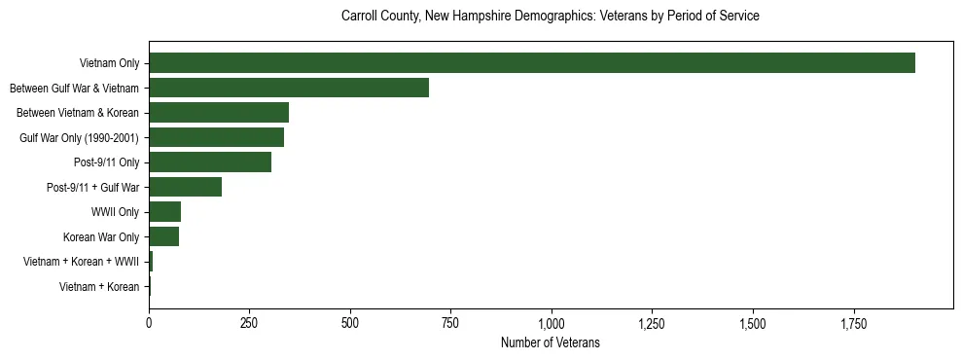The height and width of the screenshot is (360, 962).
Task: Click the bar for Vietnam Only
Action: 532,63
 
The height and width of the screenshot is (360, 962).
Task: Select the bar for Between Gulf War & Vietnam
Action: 289,88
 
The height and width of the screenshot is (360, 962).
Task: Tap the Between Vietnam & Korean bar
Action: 219,113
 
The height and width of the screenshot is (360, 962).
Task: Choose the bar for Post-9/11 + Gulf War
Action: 185,187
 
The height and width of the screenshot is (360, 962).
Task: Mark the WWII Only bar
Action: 164,212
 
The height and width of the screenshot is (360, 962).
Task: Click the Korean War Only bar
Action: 163,236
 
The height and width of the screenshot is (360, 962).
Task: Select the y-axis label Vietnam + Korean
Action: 99,286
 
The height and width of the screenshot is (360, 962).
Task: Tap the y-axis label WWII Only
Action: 115,212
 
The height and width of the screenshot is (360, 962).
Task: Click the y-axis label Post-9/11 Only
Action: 107,162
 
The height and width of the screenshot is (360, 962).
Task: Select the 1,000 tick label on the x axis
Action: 552,323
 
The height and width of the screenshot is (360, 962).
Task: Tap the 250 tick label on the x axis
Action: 250,323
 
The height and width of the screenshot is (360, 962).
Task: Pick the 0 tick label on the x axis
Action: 149,323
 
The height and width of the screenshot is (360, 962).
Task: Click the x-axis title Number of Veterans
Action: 550,343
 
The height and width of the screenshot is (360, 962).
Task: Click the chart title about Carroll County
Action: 550,17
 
